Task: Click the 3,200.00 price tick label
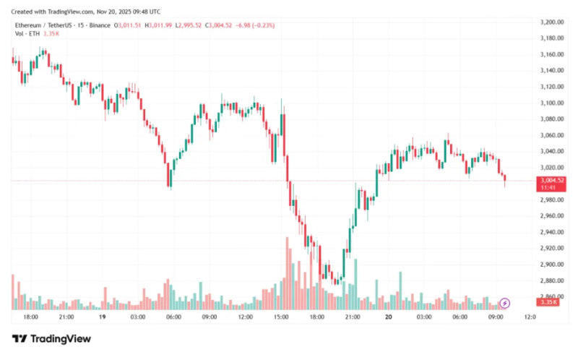click(x=553, y=22)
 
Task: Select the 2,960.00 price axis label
click(x=553, y=216)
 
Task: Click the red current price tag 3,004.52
click(x=553, y=180)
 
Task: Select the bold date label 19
click(x=102, y=317)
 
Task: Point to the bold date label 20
click(x=388, y=317)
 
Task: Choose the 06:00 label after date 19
click(x=173, y=317)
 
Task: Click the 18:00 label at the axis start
click(x=30, y=317)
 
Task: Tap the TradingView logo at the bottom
click(x=51, y=339)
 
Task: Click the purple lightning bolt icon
click(x=506, y=302)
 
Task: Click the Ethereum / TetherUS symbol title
click(x=46, y=25)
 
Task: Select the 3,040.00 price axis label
click(x=553, y=151)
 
